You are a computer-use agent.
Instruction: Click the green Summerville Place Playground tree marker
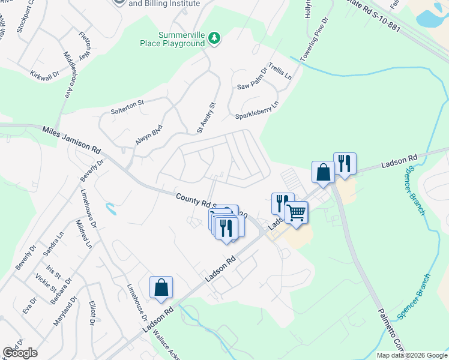coord(214,39)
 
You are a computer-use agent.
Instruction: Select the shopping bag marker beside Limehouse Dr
coord(161,287)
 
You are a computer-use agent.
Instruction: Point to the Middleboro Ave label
coord(68,74)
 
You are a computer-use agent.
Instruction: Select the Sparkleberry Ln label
coord(257,110)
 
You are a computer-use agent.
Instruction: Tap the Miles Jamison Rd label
coord(71,139)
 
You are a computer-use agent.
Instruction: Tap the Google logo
coord(20,353)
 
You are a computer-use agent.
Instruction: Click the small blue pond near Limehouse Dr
coord(110,209)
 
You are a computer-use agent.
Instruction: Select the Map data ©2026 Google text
coord(412,355)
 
